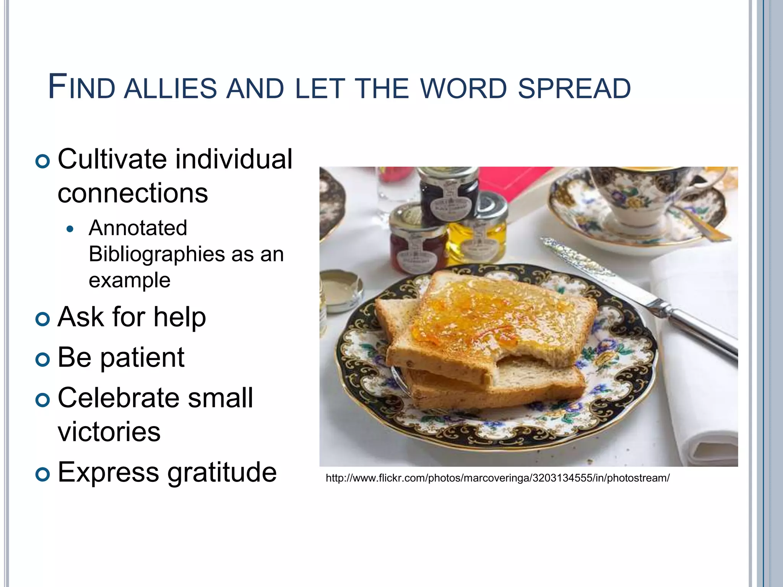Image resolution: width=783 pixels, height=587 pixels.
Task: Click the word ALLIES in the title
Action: click(170, 89)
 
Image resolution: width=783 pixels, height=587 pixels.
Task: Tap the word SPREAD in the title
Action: click(574, 89)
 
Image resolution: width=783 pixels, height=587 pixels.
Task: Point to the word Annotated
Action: click(138, 228)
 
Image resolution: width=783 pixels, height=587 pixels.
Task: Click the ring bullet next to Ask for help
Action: click(42, 318)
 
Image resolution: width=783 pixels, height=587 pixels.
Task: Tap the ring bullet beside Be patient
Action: click(42, 359)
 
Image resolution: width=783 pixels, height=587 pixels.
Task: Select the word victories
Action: click(109, 432)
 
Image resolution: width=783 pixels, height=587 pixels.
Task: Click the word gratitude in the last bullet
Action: click(222, 472)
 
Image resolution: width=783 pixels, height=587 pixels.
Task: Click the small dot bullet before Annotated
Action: click(69, 229)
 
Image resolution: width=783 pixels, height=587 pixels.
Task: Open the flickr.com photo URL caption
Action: click(497, 478)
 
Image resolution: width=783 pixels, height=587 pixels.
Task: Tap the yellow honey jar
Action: click(478, 233)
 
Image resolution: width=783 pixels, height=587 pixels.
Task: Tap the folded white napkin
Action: click(700, 382)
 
